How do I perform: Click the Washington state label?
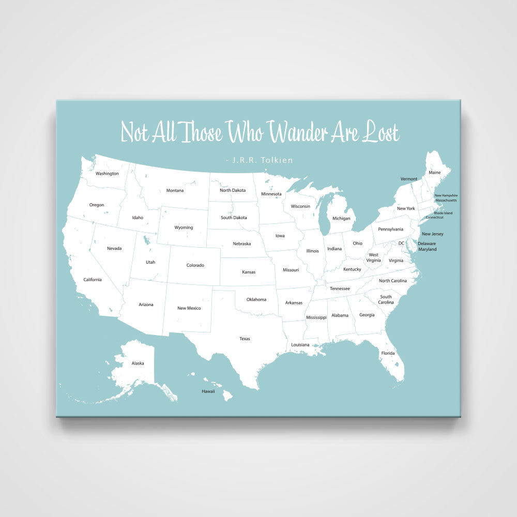point(107,174)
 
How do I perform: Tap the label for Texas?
point(245,339)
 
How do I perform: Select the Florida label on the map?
point(388,353)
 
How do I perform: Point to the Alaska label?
point(138,363)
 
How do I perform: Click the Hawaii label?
point(208,391)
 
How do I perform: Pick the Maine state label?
point(434,172)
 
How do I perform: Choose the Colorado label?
point(195,265)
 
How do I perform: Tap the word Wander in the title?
point(299,132)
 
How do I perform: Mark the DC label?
point(401,243)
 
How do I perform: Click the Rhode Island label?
point(443,213)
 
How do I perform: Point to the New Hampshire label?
point(445,195)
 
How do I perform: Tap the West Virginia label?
point(373,257)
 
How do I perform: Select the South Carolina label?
point(386,299)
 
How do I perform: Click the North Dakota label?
point(233,190)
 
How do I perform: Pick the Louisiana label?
point(300,344)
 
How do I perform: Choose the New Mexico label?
point(189,308)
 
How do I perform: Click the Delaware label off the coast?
point(427,244)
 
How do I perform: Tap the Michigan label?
point(341,218)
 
